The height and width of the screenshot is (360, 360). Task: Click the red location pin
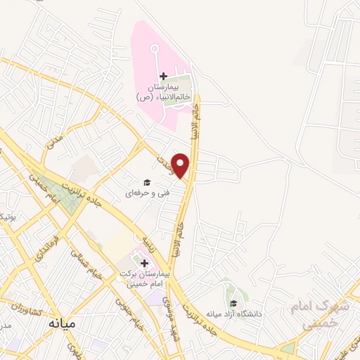tap(181, 165)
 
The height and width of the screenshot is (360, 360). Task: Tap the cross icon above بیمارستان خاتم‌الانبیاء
tap(163, 75)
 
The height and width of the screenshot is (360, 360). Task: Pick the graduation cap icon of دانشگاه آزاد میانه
tap(233, 303)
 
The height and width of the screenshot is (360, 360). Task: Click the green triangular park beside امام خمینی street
tap(69, 200)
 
